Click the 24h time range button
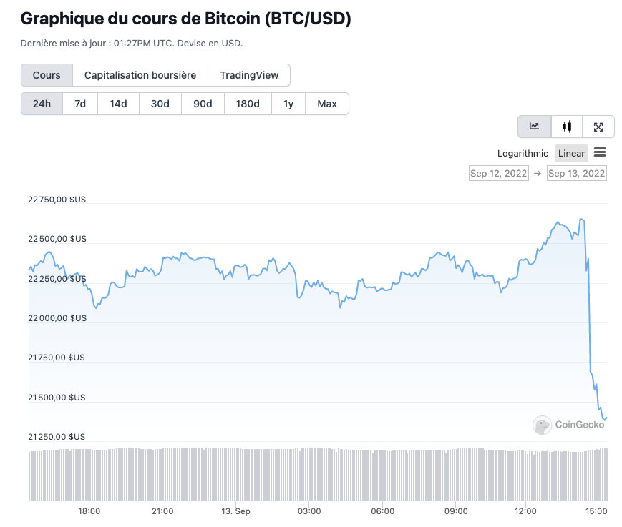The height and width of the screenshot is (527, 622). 42,104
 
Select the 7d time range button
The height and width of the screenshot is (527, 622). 80,104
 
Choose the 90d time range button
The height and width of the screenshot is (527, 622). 203,104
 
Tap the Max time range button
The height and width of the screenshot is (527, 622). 326,104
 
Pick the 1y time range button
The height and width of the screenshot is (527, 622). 288,104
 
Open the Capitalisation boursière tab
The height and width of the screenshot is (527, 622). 140,75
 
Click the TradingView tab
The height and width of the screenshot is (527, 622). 248,75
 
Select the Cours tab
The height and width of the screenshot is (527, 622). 47,75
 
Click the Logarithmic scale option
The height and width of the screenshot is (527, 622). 523,153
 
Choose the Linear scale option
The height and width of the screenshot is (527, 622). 571,153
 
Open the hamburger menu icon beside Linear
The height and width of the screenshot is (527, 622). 600,152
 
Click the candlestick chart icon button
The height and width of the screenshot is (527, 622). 567,127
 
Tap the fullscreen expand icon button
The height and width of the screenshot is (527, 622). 598,127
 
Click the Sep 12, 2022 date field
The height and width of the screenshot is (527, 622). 498,173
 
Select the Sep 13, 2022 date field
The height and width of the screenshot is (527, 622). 576,173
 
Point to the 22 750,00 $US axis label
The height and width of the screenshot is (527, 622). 57,200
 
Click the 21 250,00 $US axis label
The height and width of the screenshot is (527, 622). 57,436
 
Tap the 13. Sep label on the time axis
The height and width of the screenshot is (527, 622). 235,511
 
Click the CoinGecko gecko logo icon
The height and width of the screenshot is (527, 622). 542,425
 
